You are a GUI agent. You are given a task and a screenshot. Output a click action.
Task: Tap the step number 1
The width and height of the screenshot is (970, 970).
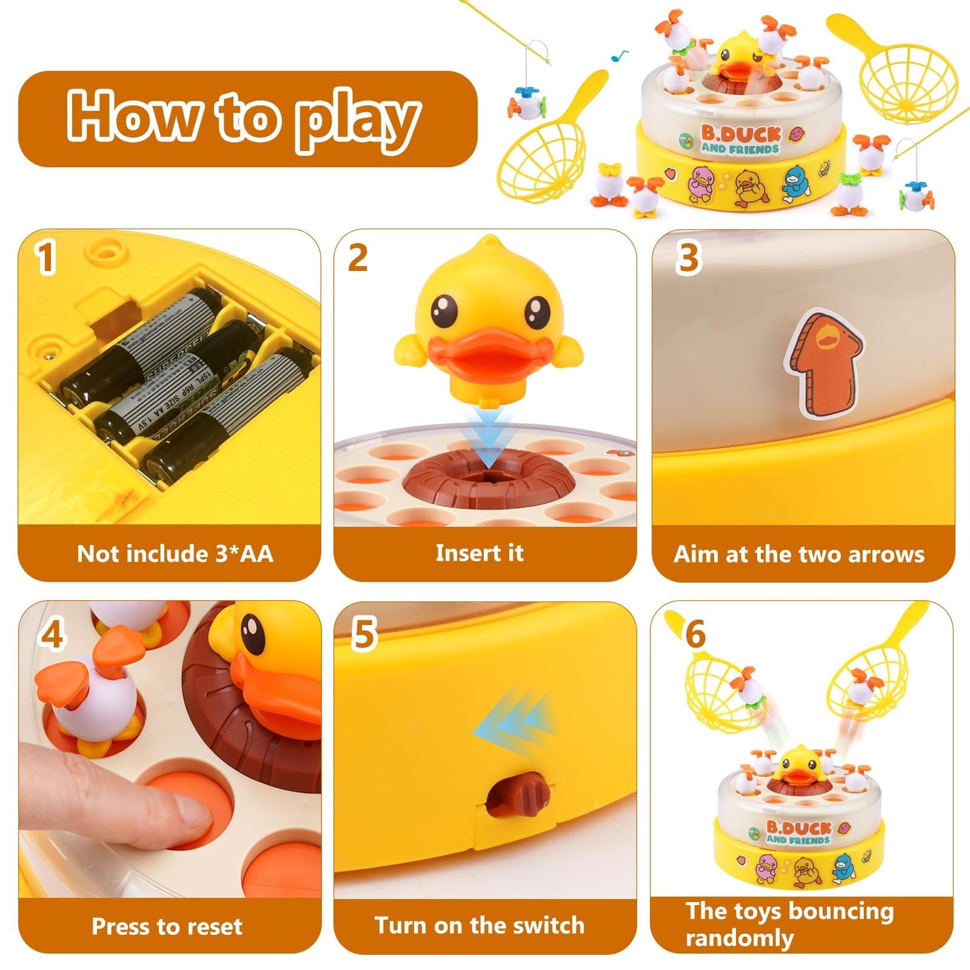click(x=46, y=258)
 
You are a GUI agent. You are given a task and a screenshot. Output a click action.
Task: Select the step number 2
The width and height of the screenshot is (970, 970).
click(x=358, y=257)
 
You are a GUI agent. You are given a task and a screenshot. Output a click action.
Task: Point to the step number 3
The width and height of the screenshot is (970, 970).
click(x=688, y=258)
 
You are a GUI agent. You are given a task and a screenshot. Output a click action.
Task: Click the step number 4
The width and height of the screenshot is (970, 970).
click(x=52, y=635)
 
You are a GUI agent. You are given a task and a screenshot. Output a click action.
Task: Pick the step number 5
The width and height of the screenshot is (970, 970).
click(x=364, y=634)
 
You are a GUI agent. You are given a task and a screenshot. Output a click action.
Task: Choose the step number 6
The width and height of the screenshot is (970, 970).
click(x=695, y=634)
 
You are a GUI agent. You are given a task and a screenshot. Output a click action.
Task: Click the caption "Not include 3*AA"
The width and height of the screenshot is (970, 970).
click(x=175, y=554)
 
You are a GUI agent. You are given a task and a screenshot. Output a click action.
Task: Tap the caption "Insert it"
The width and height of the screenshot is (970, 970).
click(x=479, y=552)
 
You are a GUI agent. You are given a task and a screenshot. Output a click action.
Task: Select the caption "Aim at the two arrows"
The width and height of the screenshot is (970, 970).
click(x=799, y=554)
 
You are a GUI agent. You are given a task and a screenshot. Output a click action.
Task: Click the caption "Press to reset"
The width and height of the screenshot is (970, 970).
click(x=167, y=926)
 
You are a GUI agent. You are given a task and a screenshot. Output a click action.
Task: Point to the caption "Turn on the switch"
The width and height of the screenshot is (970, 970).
click(x=479, y=925)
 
